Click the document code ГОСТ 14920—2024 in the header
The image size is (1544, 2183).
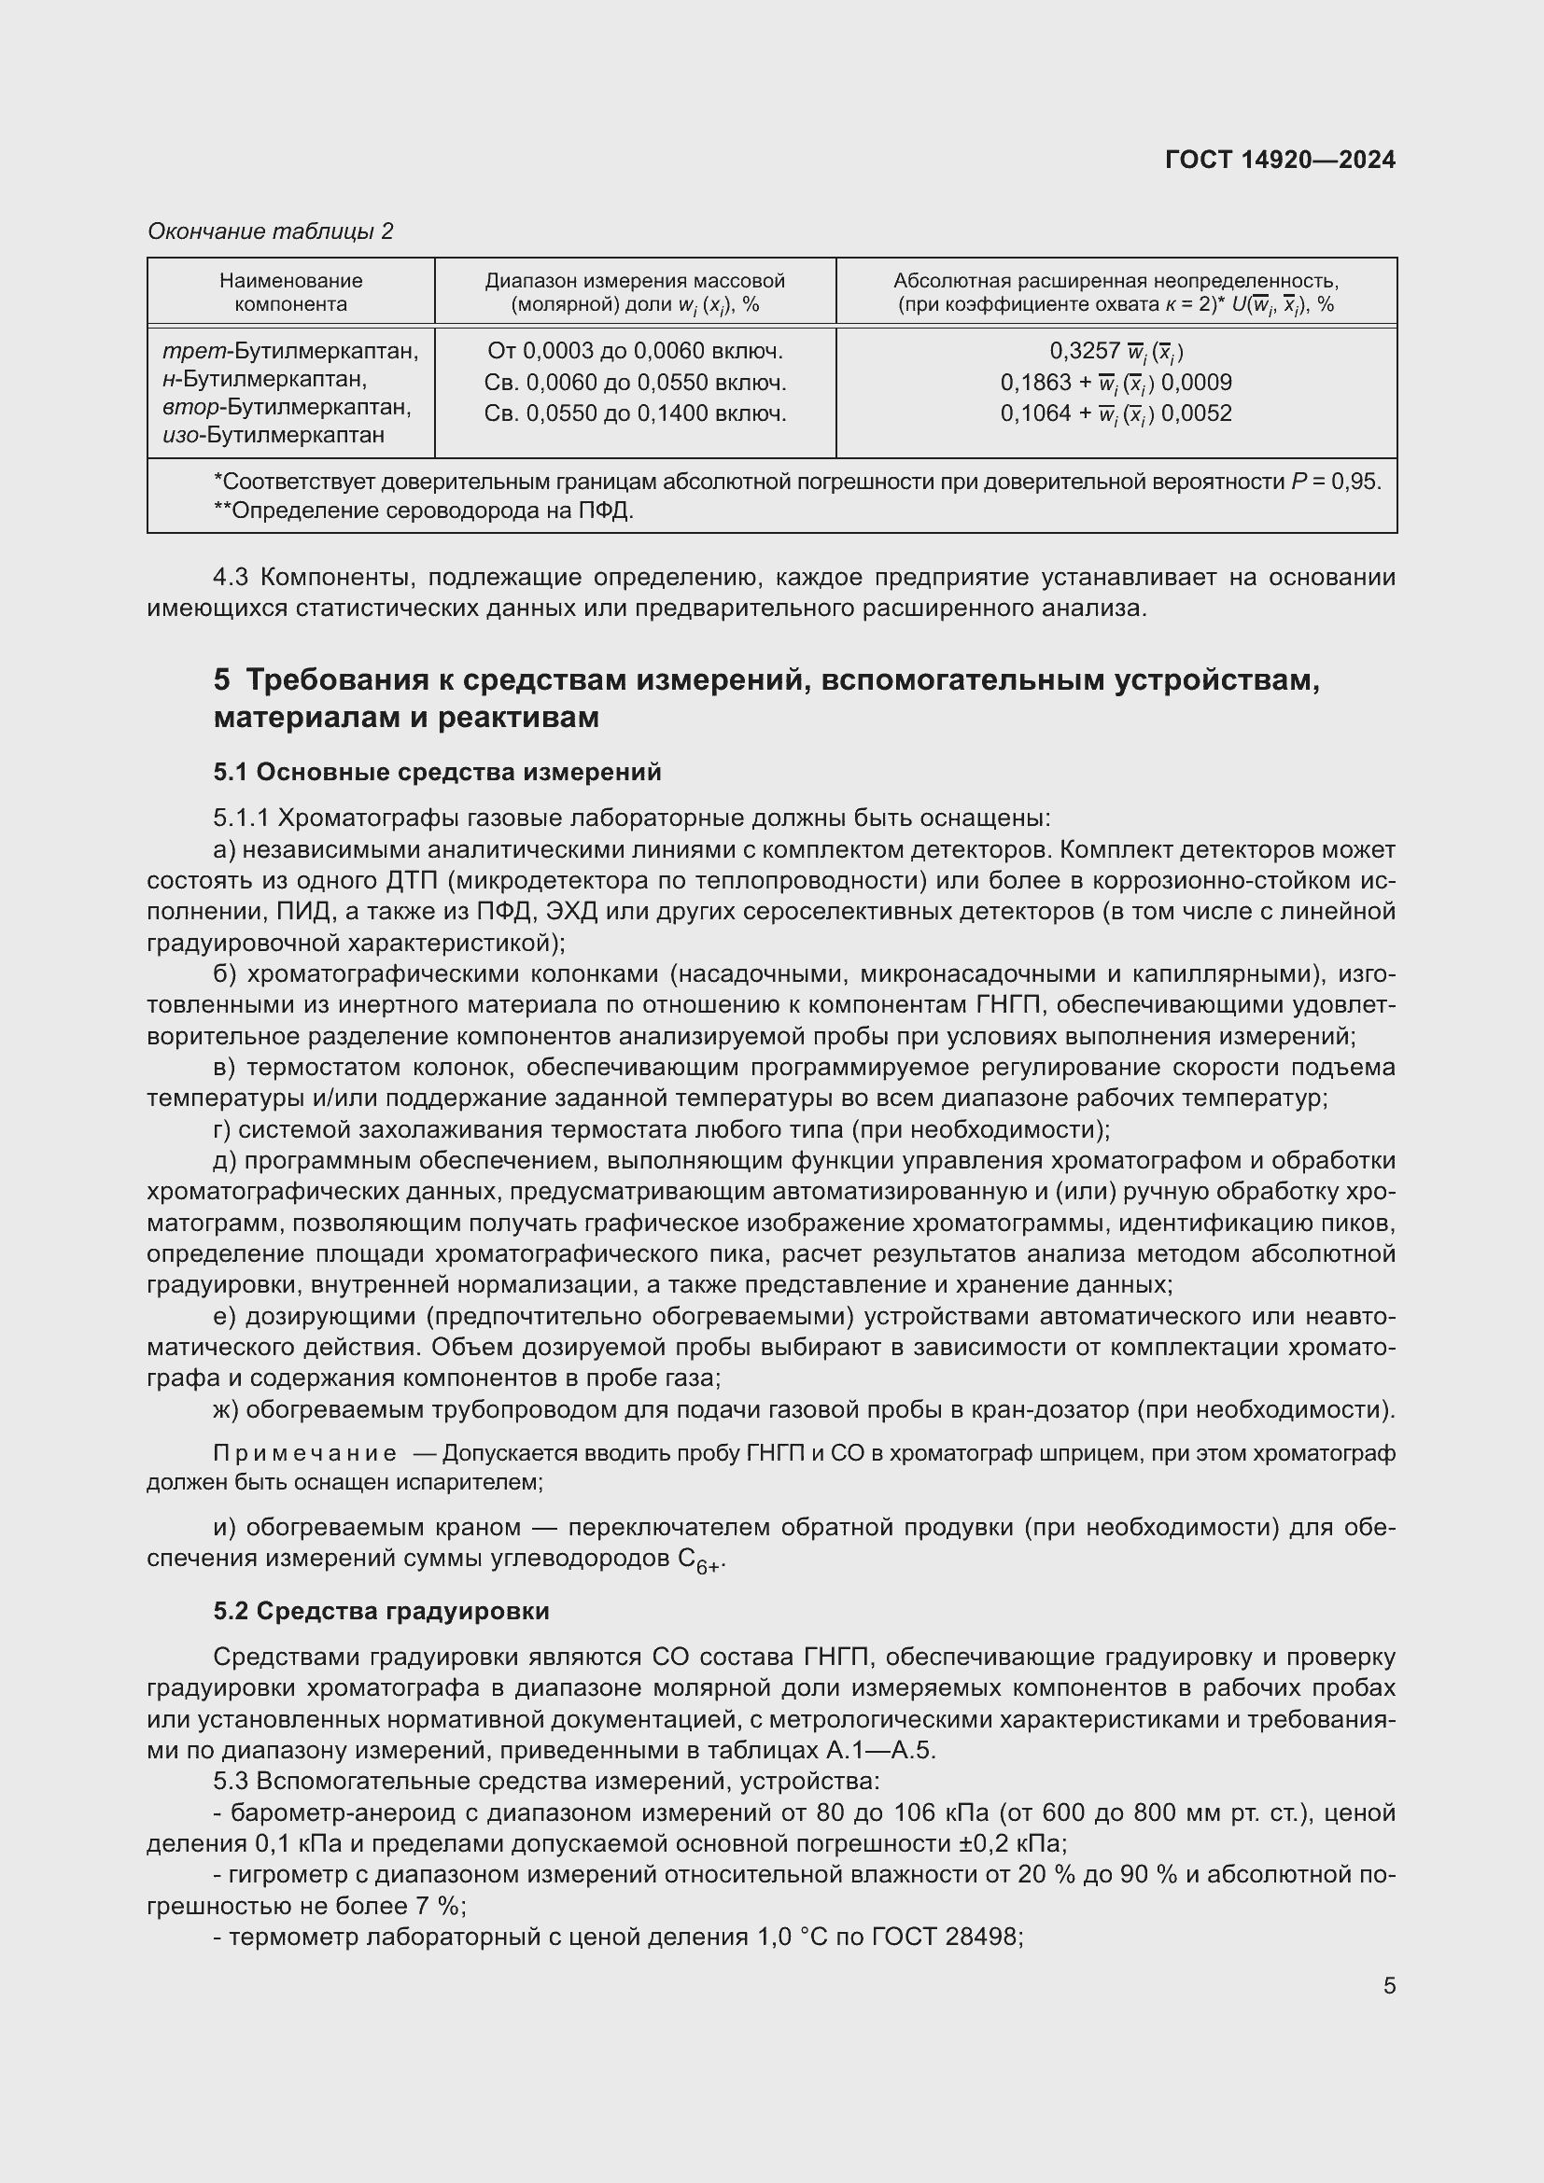1280,160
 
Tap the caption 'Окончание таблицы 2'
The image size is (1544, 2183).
270,231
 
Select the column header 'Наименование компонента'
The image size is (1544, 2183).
291,292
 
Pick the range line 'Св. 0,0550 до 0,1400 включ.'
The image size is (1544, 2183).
635,413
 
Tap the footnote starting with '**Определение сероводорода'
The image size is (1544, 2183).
423,511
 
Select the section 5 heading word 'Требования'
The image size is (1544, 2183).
338,679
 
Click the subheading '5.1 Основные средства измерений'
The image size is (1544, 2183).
437,772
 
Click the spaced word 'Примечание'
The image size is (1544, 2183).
305,1454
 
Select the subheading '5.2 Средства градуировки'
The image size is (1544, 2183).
381,1611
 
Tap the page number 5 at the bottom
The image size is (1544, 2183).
1389,1985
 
